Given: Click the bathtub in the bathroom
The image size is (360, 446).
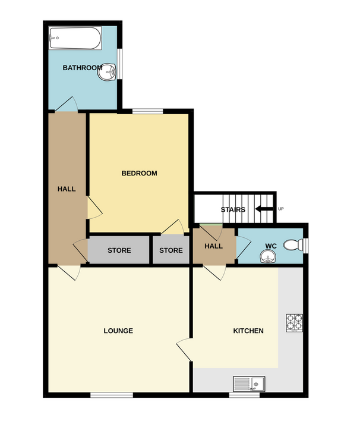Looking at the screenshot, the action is tap(75, 38).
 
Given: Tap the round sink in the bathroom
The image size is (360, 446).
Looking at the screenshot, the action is tap(107, 72).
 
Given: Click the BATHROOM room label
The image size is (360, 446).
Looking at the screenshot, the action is tap(83, 68).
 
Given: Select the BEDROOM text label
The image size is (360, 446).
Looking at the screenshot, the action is tap(139, 173).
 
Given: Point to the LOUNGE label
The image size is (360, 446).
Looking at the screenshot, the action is tap(118, 331).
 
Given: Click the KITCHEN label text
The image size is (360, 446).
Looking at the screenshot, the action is tap(248, 331).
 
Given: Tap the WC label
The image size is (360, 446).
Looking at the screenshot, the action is tap(271, 246).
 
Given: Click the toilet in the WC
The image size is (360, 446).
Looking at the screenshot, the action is tap(293, 245).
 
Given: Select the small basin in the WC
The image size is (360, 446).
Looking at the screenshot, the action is tap(267, 256).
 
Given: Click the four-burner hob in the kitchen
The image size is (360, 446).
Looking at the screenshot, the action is tap(295, 323).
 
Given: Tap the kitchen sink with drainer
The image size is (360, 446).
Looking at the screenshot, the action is tap(249, 384).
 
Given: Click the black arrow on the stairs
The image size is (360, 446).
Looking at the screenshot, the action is tap(264, 209).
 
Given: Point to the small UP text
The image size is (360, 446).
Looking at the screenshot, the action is tap(281, 209).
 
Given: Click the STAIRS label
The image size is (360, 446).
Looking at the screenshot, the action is tap(233, 210).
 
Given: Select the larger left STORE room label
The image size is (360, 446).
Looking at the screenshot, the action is tap(119, 250).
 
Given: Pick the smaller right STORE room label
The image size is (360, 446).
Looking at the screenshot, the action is tap(171, 250).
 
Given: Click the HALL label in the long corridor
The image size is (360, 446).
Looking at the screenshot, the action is tap(67, 189).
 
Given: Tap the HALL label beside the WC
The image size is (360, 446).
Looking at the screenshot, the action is tap(214, 246).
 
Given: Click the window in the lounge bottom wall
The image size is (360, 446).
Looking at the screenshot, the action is tap(112, 395).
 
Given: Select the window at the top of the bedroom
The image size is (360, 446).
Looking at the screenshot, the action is tap(148, 111).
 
